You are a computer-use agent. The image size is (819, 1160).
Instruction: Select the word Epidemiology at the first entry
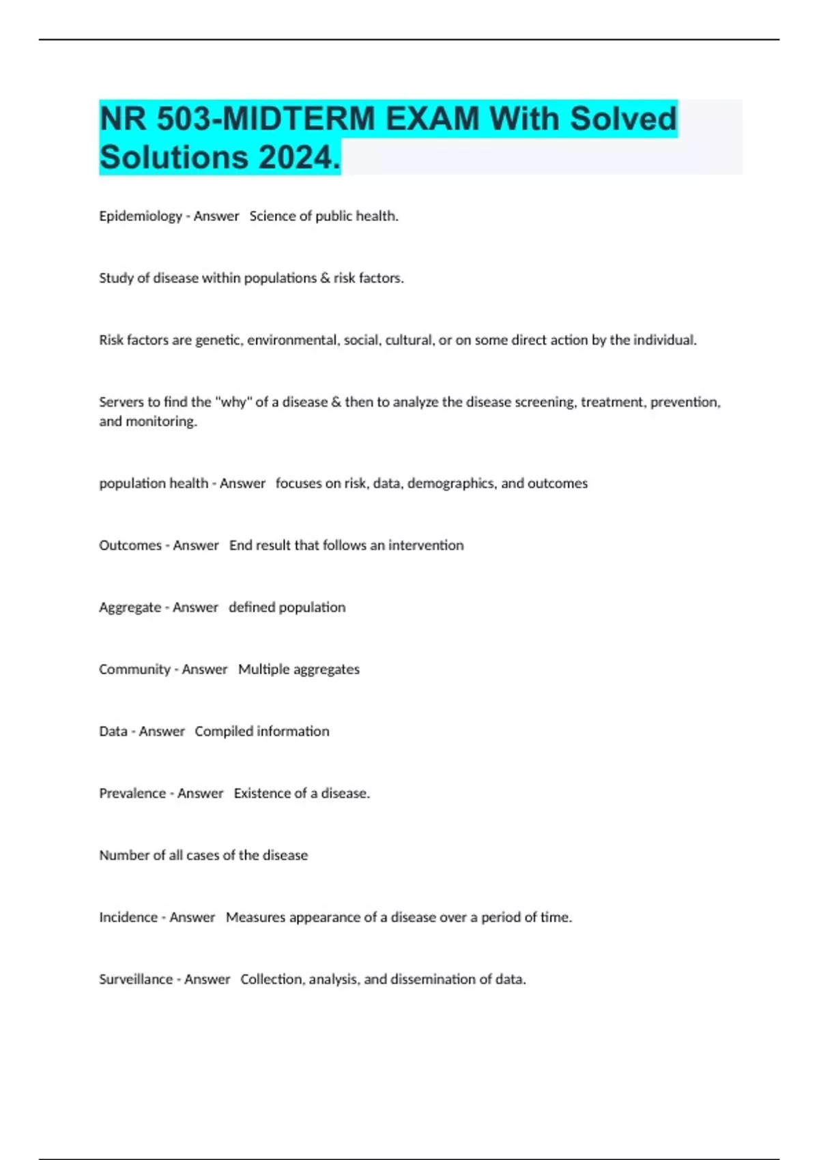(140, 216)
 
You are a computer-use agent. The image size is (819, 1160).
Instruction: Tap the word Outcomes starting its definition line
(130, 545)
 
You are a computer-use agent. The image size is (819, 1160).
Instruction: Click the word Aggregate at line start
(130, 607)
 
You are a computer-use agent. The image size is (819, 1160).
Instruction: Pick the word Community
(134, 669)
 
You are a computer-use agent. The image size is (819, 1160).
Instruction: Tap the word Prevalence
(132, 794)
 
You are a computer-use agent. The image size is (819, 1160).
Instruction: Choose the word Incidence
(128, 918)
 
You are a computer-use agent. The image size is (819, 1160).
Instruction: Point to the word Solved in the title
(622, 119)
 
